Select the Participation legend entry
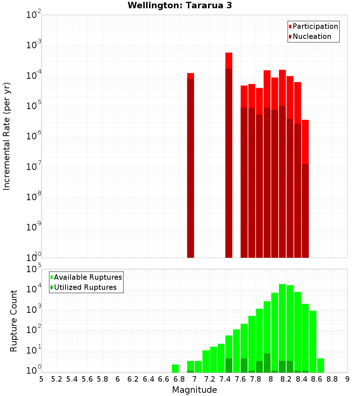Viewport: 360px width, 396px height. click(x=314, y=26)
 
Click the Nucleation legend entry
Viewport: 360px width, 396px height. click(x=310, y=36)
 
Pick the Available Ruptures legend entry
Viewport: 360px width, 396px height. click(x=86, y=277)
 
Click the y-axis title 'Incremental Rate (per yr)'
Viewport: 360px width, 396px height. click(x=7, y=136)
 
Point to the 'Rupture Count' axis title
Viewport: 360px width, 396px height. click(x=14, y=321)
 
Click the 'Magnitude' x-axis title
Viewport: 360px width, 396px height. click(x=194, y=390)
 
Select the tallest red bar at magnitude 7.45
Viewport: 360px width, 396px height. click(x=229, y=155)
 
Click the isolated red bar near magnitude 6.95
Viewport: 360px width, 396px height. click(x=190, y=166)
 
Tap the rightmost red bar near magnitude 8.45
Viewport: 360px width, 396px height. click(x=305, y=189)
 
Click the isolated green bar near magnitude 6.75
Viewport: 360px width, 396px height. click(x=175, y=369)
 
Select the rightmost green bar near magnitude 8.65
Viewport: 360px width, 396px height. click(x=320, y=365)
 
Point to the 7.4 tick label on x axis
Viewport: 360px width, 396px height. click(x=225, y=379)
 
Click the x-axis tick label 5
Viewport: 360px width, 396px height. click(x=41, y=379)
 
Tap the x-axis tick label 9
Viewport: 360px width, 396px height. click(x=347, y=379)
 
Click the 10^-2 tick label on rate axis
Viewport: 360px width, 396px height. click(x=34, y=15)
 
